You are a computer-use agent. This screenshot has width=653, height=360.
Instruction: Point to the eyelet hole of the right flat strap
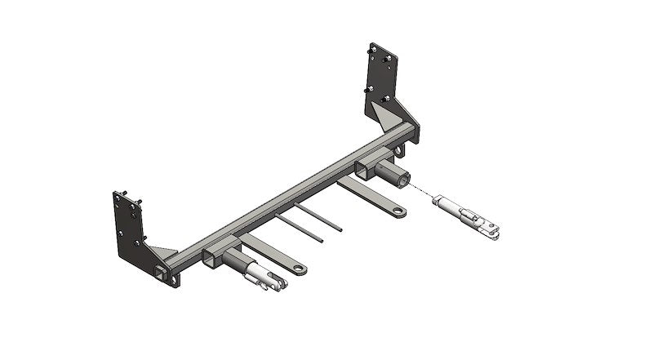tap(398, 212)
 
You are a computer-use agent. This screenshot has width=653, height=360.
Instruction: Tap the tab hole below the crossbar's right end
tap(398, 152)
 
